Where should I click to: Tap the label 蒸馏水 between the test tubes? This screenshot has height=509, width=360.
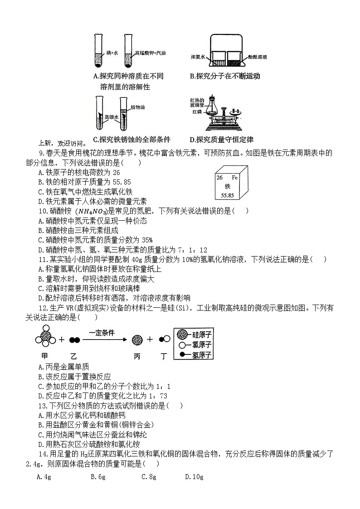click(x=111, y=117)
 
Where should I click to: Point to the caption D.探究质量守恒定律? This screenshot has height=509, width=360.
click(x=221, y=140)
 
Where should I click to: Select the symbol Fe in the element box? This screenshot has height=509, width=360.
click(x=234, y=178)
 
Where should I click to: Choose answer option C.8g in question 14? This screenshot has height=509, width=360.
click(x=149, y=476)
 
